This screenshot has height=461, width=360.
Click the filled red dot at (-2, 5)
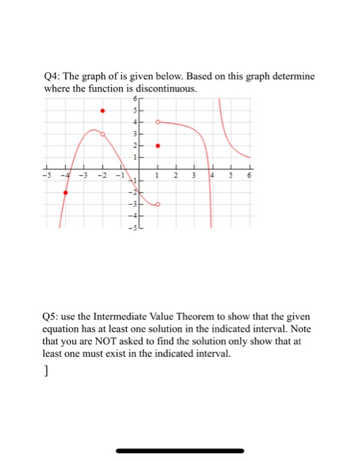[x=102, y=111]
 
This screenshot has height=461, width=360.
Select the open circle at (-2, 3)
[x=102, y=134]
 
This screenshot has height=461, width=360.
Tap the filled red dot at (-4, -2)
[x=64, y=193]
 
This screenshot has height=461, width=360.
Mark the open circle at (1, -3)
[x=157, y=205]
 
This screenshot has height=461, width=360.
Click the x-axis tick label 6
[x=249, y=176]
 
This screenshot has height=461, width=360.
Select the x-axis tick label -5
[x=45, y=176]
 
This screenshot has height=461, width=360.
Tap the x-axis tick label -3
[x=83, y=176]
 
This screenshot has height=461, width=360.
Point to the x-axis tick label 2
[x=175, y=176]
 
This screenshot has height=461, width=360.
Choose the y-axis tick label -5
[x=131, y=227]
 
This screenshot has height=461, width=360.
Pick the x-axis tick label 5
[x=230, y=176]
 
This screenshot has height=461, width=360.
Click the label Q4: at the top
[x=54, y=77]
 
